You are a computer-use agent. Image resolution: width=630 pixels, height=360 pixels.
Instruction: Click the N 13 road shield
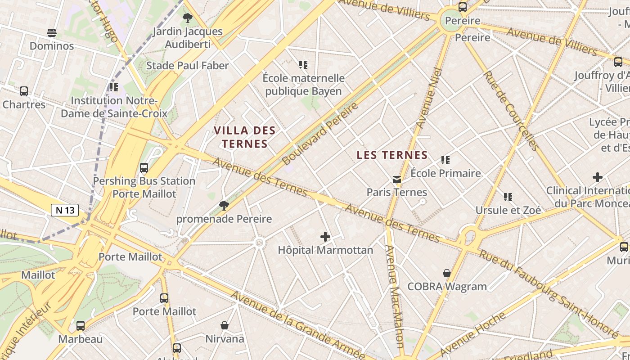(65, 210)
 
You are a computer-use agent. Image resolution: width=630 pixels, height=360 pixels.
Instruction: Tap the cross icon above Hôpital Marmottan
(325, 237)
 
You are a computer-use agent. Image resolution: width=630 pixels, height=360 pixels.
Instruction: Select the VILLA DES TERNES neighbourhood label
(244, 137)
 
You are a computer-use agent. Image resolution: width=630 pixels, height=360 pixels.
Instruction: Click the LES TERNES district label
(392, 155)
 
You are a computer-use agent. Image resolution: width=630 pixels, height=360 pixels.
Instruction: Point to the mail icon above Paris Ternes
(396, 180)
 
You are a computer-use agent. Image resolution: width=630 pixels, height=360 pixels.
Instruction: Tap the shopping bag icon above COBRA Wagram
(447, 273)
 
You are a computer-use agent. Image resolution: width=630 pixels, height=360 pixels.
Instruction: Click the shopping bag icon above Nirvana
(225, 325)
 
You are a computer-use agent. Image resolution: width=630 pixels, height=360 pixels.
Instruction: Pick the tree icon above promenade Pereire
(224, 206)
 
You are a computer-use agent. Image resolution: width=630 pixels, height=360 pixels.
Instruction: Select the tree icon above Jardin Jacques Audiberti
(188, 18)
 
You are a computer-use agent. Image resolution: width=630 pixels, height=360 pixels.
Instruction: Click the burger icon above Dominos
(52, 33)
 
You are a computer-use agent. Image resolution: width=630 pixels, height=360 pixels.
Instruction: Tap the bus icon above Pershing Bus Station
(144, 168)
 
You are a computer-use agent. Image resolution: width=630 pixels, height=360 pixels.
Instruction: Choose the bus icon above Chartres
(24, 91)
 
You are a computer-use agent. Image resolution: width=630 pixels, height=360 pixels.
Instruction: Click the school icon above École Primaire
(445, 160)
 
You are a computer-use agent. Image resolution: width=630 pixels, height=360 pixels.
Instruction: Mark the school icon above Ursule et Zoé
(508, 197)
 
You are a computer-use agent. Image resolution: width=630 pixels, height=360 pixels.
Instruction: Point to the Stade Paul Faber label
(188, 66)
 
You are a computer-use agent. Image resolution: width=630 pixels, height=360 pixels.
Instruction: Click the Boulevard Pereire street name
(320, 133)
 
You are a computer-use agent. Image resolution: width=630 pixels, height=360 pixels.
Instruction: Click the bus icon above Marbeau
(81, 326)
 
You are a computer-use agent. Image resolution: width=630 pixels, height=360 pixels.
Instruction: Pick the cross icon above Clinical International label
(598, 177)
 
